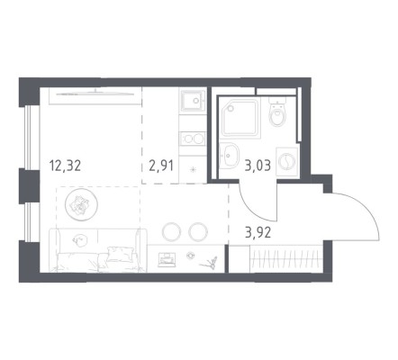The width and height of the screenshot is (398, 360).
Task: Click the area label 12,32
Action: [x=66, y=166]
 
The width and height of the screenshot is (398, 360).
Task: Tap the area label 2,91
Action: [x=161, y=166]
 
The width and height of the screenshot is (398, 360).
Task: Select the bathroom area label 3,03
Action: [x=258, y=166]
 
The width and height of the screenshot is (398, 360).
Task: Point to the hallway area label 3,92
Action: [x=258, y=232]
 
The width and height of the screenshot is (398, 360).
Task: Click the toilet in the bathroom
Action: [x=277, y=112]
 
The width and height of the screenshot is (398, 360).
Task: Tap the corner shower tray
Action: [x=240, y=118]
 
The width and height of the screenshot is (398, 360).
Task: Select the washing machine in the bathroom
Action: [x=287, y=162]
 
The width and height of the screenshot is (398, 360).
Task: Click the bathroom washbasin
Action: [x=229, y=155]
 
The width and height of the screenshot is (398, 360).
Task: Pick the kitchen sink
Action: [x=193, y=100]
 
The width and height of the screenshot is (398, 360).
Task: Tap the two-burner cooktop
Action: [x=193, y=139]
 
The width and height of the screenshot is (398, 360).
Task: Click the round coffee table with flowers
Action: [x=81, y=205]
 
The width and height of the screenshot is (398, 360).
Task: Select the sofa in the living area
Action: [x=98, y=250]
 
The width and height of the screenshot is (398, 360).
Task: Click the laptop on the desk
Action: [x=167, y=259]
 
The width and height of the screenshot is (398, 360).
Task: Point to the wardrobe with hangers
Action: [x=285, y=259]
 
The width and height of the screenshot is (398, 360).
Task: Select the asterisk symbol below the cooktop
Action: [x=193, y=169]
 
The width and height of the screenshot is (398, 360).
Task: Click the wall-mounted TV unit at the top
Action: [x=95, y=95]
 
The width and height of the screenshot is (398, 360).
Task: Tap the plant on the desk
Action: [x=210, y=263]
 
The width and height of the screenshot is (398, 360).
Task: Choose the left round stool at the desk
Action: [x=171, y=231]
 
